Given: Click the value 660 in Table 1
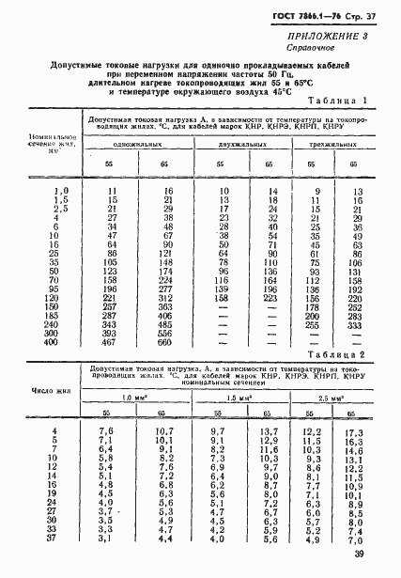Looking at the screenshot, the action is point(166,342).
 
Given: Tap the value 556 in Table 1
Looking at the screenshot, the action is point(166,333).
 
